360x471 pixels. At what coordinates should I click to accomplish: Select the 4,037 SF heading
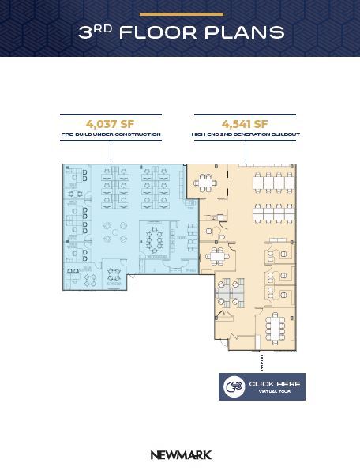coord(111,124)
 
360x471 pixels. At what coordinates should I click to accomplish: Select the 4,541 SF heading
coord(245,124)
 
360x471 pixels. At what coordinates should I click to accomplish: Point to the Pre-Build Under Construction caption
coord(111,135)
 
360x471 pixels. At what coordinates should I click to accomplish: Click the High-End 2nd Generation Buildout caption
coord(245,135)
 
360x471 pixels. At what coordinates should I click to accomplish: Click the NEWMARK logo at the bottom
coord(181,455)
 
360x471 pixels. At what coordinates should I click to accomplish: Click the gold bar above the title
coord(181,14)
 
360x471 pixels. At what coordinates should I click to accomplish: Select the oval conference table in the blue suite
coord(154,239)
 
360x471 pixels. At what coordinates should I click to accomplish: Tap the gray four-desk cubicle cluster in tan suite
coord(231,292)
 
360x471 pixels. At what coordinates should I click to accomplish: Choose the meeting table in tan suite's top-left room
coord(207,184)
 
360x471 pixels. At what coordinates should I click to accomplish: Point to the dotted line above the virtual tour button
coord(261,363)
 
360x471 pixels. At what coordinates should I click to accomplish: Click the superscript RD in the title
coord(104,28)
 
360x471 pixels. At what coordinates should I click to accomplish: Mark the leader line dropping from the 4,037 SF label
coord(111,152)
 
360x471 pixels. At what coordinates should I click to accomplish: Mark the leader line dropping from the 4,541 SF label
coord(245,152)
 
